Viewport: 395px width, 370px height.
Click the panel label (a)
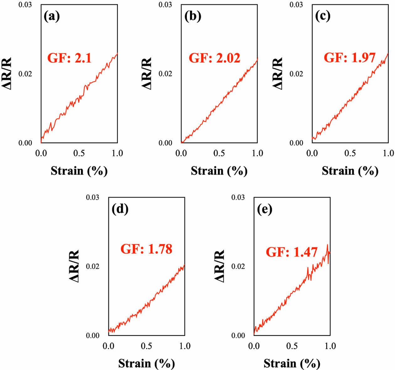[52, 16]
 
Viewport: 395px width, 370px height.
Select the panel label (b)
[192, 16]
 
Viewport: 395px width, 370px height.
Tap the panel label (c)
[323, 16]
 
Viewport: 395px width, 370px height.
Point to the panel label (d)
[120, 209]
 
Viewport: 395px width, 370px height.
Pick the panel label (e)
[265, 209]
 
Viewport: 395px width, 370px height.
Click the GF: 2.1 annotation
[69, 58]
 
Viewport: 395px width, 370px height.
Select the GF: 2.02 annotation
[214, 58]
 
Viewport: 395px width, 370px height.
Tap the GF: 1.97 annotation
[350, 58]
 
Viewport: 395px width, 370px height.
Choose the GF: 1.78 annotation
[146, 249]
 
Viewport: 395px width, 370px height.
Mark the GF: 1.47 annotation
[292, 252]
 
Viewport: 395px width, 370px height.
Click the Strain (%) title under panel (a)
[79, 171]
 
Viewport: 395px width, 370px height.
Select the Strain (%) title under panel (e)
[292, 363]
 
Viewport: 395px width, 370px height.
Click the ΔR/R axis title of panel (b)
[147, 74]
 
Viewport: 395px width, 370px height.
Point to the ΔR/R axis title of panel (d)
[74, 266]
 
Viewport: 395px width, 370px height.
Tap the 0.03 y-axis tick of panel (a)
[25, 5]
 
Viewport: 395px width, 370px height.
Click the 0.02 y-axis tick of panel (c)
[296, 74]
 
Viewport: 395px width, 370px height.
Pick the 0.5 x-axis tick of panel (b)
[219, 153]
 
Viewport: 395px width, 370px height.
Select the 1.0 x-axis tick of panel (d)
[185, 346]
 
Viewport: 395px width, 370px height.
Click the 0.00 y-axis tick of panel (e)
[238, 336]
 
